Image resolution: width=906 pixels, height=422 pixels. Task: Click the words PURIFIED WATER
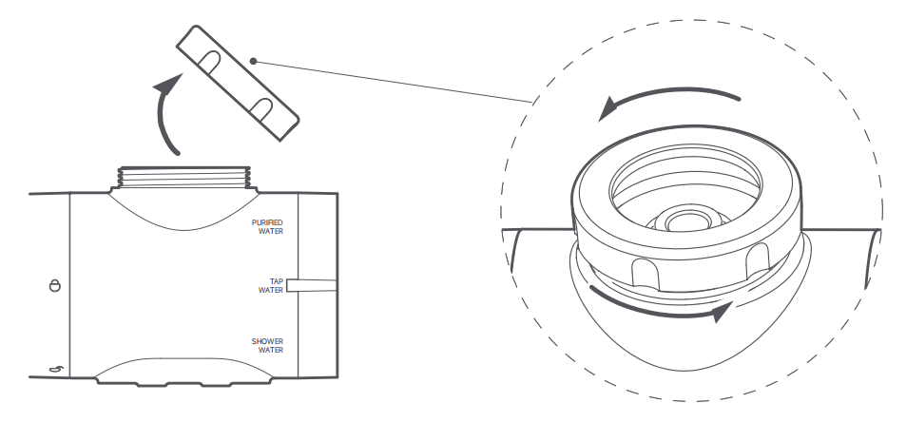point(267,226)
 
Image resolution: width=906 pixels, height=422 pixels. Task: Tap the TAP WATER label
point(271,285)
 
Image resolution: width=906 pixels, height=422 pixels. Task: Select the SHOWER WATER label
point(267,345)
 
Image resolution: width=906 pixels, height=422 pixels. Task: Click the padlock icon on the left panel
point(54,284)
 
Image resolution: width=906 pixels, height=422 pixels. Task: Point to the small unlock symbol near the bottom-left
point(55,370)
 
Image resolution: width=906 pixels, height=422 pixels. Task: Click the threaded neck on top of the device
point(183,177)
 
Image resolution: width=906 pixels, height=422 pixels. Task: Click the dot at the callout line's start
point(253,61)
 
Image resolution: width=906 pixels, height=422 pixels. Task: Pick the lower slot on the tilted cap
point(261,109)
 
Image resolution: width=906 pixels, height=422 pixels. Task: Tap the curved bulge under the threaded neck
point(183,209)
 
